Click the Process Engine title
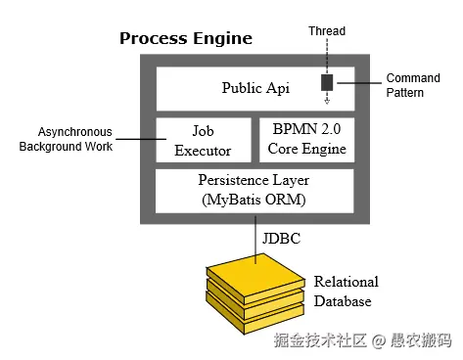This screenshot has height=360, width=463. (x=186, y=39)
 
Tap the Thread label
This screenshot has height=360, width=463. (x=327, y=31)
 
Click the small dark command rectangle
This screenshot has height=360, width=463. (x=327, y=82)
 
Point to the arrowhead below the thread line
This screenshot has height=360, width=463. (x=327, y=101)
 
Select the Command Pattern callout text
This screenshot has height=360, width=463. (x=413, y=85)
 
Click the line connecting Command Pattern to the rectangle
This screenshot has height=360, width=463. (x=359, y=83)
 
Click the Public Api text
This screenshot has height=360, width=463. (x=255, y=88)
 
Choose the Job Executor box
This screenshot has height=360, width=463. (x=204, y=140)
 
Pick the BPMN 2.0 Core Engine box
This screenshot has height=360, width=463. (x=306, y=140)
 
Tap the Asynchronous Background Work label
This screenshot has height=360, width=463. (x=66, y=139)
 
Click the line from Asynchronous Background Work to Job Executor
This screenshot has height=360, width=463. (x=141, y=139)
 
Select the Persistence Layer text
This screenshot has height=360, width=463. (x=254, y=180)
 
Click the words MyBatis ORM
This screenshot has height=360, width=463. (x=254, y=200)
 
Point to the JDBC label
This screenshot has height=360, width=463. (x=281, y=239)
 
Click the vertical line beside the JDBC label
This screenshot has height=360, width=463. (x=255, y=240)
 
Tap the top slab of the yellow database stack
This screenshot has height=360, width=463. (x=255, y=276)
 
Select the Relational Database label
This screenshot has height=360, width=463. (x=347, y=292)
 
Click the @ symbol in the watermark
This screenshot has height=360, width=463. (x=379, y=341)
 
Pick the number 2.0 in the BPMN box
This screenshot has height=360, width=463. (x=331, y=129)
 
